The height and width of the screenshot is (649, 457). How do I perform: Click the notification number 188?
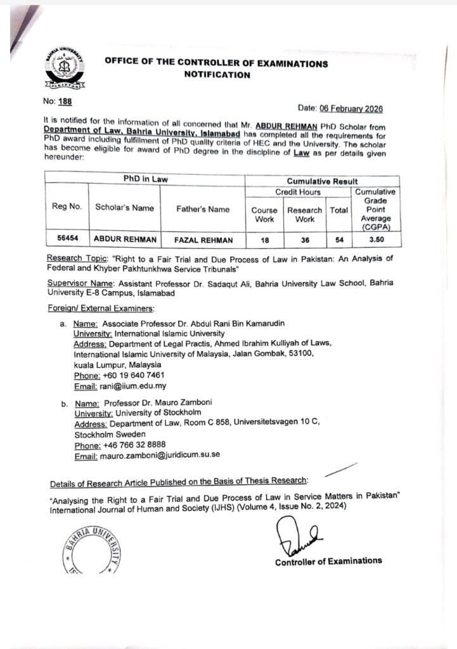(65, 100)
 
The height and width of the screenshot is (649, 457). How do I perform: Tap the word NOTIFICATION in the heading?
(216, 75)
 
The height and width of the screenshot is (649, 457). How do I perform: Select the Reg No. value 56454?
(66, 240)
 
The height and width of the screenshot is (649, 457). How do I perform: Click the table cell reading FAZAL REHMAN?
(203, 240)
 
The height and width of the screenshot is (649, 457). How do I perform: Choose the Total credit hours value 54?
(339, 240)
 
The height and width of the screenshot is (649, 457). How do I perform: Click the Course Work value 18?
(264, 240)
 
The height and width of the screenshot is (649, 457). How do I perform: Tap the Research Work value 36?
(304, 240)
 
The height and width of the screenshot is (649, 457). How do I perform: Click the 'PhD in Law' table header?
(146, 179)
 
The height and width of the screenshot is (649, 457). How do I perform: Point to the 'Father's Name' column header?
(203, 209)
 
